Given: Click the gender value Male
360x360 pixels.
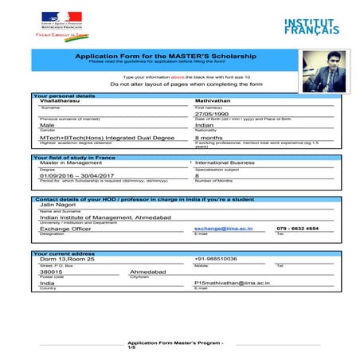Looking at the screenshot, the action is click(47, 125).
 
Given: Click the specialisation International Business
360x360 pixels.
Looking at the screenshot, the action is click(225, 162).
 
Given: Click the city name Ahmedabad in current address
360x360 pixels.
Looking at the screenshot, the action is click(148, 271).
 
